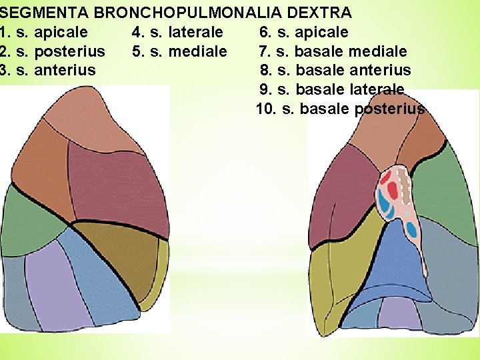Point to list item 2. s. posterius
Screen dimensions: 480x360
click(x=53, y=51)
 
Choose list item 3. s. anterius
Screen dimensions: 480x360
click(x=48, y=70)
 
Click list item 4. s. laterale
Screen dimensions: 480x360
click(x=177, y=32)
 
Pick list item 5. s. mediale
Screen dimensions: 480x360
click(x=179, y=51)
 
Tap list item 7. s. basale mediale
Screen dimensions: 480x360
click(x=333, y=51)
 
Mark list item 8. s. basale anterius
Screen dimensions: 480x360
click(x=335, y=70)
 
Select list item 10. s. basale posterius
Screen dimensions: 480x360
click(x=340, y=109)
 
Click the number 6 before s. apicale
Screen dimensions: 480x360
click(x=263, y=32)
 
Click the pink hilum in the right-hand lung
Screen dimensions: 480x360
click(x=403, y=200)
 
